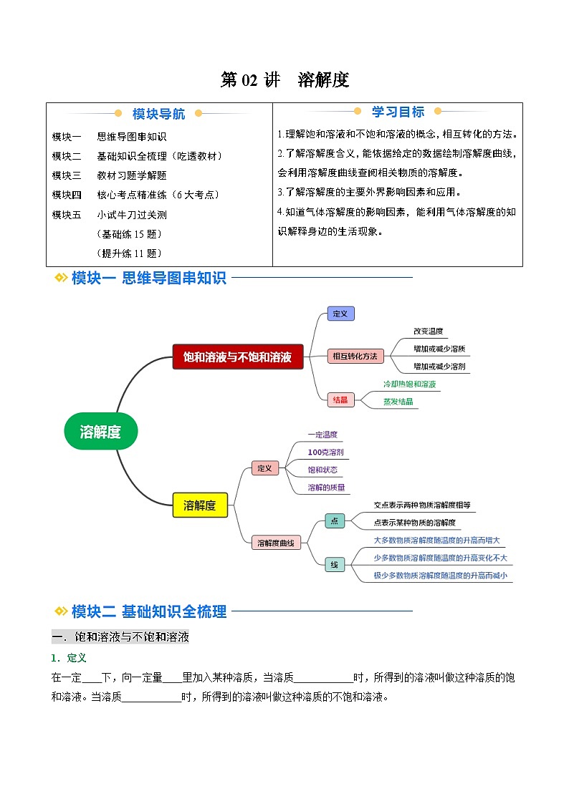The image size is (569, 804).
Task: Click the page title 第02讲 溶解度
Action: [284, 80]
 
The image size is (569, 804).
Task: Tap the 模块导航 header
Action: [158, 114]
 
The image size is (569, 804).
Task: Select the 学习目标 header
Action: [398, 112]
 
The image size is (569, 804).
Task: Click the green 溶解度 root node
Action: [100, 431]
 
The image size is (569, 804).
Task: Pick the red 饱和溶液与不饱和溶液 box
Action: [238, 357]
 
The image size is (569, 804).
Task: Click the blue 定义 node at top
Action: [340, 314]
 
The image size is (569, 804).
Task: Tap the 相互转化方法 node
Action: [355, 356]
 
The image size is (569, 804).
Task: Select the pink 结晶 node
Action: [340, 399]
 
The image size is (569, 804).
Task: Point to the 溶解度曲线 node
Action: [276, 543]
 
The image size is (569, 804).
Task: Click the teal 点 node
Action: [335, 521]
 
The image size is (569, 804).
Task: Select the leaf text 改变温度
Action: [429, 331]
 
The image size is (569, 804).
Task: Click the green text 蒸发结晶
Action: [398, 402]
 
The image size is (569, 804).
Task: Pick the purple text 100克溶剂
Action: [325, 452]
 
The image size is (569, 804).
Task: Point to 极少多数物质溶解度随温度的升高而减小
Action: [440, 575]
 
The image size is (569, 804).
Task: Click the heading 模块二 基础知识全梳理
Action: [149, 611]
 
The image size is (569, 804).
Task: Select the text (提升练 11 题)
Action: [128, 253]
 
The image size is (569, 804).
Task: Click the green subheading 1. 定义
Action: [69, 658]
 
